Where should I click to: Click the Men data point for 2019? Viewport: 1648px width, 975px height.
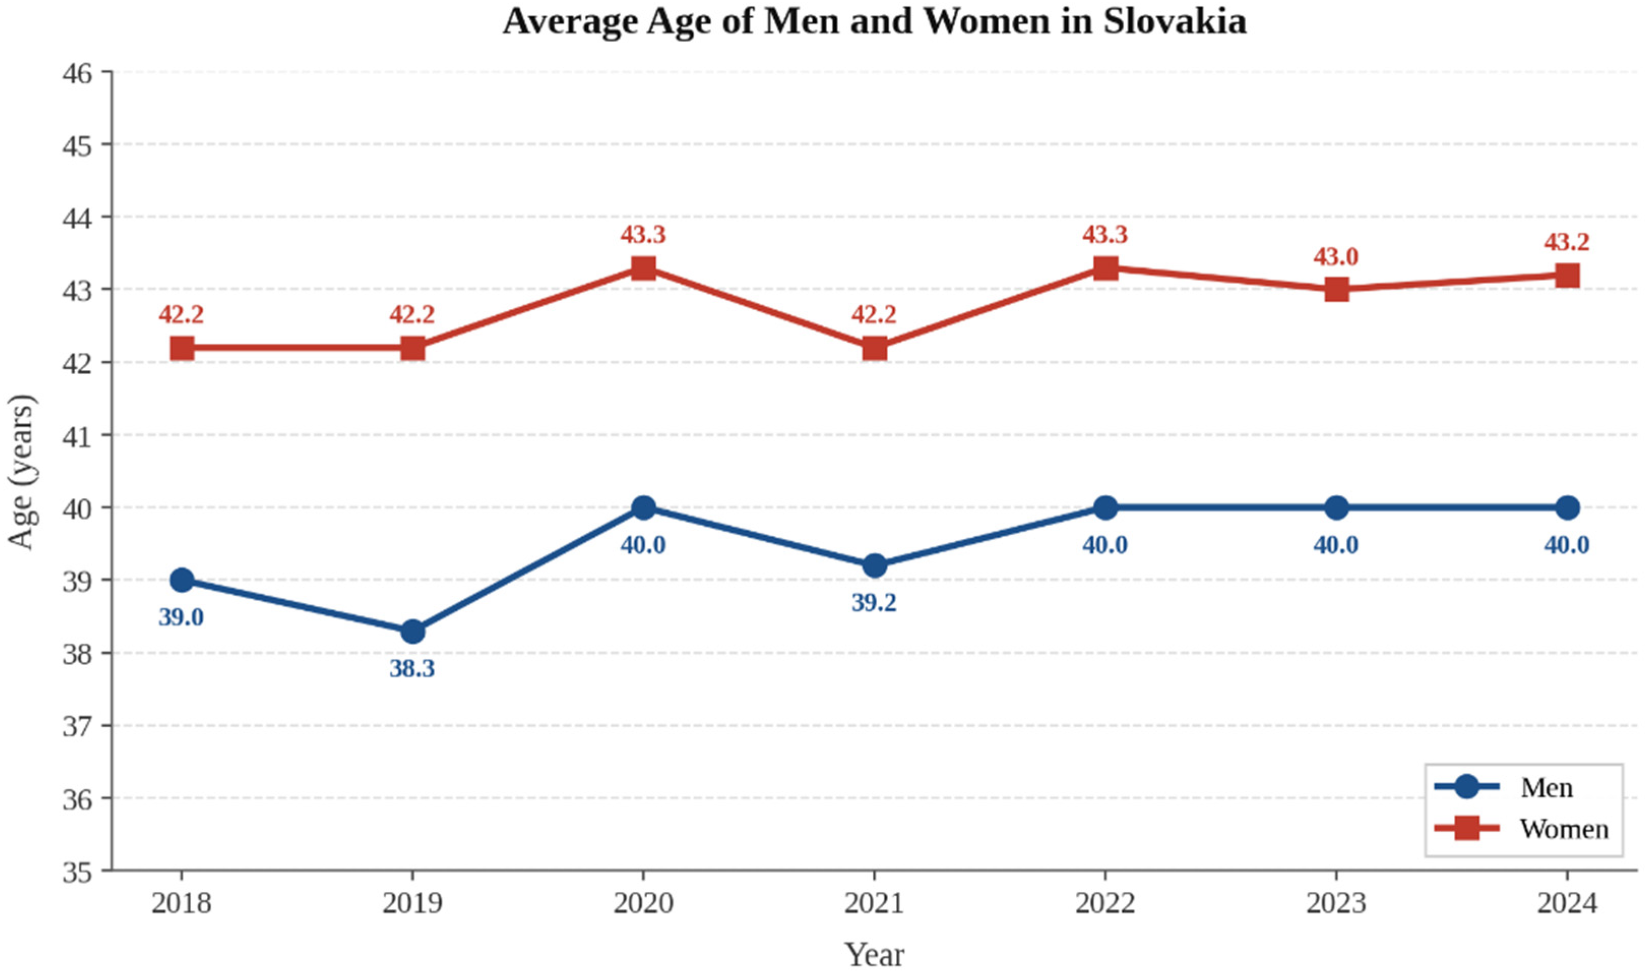coord(412,632)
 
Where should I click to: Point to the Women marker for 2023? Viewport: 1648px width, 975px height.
coord(1337,289)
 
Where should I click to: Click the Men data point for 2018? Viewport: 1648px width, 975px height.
coord(182,580)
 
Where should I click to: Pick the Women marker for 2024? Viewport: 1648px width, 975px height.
coord(1568,275)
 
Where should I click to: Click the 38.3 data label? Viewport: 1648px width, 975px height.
coord(412,669)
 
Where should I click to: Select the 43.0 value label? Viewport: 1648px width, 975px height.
coord(1336,257)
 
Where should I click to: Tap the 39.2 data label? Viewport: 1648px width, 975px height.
coord(874,602)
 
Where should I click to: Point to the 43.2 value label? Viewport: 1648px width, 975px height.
coord(1567,242)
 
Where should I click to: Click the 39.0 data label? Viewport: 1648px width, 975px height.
coord(181,617)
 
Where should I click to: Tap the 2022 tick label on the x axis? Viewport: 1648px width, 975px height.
coord(1105,904)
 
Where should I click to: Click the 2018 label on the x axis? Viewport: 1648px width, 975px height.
coord(182,904)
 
